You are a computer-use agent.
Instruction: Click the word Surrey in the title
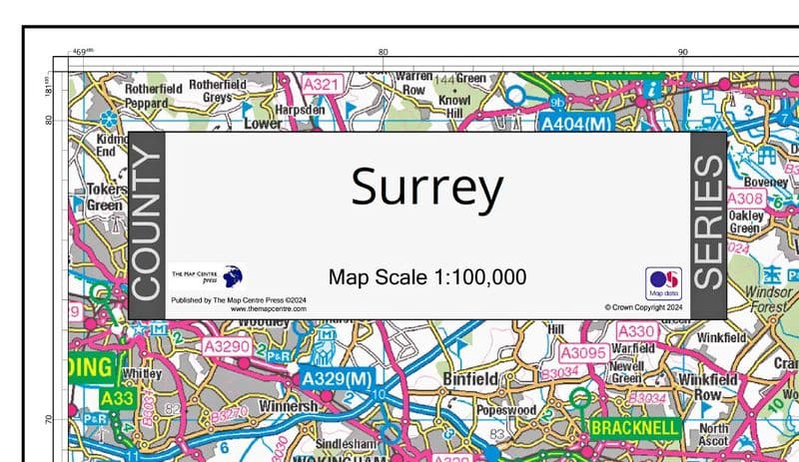click(x=426, y=189)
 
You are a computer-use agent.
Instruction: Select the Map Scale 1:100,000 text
click(x=426, y=276)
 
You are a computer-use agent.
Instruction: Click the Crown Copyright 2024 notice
click(x=643, y=308)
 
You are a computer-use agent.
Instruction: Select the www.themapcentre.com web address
click(x=269, y=309)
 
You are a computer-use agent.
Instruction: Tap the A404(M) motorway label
click(x=575, y=124)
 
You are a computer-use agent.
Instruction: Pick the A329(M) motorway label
click(x=337, y=379)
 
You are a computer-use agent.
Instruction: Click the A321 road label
click(x=321, y=85)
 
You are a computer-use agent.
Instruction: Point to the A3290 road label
click(x=226, y=346)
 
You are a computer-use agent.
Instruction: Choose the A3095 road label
click(x=583, y=352)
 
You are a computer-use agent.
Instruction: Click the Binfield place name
click(x=469, y=379)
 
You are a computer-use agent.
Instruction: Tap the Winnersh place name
click(x=288, y=407)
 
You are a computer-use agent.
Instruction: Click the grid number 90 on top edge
click(x=683, y=52)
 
